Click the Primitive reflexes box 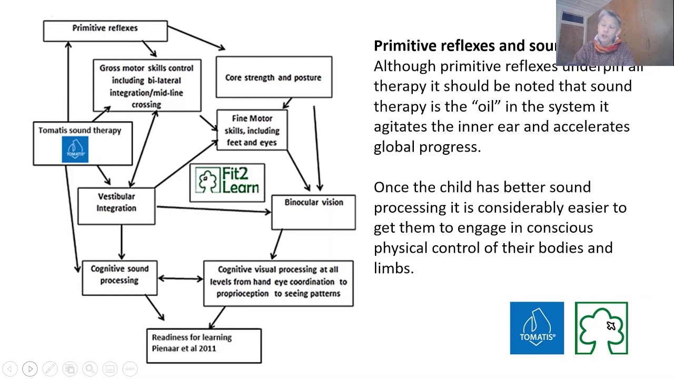point(105,31)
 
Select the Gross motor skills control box point(147,86)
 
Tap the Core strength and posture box point(274,77)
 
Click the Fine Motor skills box point(252,130)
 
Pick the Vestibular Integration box point(116,206)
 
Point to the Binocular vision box point(313,212)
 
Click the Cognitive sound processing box point(120,277)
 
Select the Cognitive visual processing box point(278,283)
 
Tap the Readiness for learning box point(204,345)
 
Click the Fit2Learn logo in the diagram point(227,182)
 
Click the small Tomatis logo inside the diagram point(75,149)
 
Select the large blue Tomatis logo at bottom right point(537,328)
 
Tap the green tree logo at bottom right point(601,328)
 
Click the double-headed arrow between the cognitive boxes point(180,278)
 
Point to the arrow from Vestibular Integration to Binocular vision point(213,210)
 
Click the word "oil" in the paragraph point(484,106)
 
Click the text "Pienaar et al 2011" point(184,348)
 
